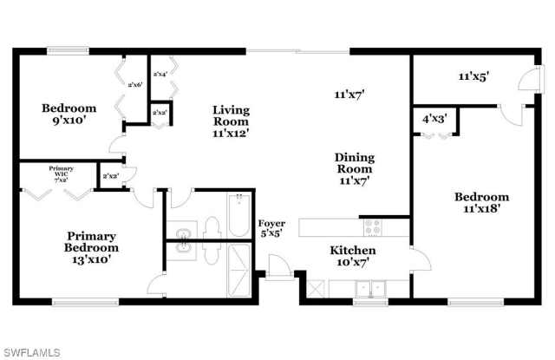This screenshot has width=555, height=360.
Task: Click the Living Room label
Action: point(232,122)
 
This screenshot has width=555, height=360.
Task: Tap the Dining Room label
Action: point(356,169)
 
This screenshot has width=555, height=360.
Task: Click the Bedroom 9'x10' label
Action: point(69,115)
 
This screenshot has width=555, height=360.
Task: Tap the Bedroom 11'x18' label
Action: point(481,203)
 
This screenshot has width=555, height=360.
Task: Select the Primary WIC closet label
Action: point(61,173)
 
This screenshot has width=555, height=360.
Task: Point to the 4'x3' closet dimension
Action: point(434,118)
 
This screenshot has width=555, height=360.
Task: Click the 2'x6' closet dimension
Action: point(134,85)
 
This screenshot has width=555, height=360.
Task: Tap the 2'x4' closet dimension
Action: point(160,75)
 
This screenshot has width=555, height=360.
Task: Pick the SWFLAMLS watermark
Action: point(31,351)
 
